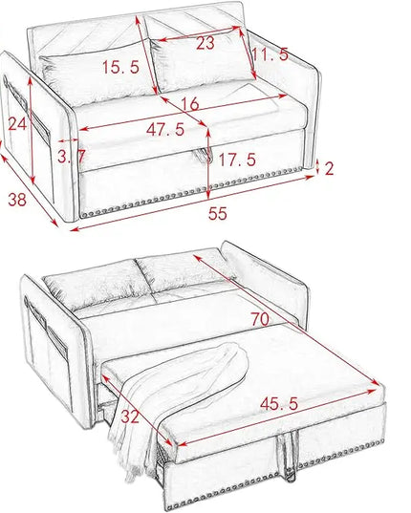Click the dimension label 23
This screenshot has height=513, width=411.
tap(205, 44)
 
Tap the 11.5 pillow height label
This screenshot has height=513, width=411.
tap(270, 54)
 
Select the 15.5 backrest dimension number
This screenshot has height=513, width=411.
tap(121, 67)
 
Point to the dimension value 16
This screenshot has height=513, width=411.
tap(190, 104)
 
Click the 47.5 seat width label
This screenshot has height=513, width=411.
tap(165, 130)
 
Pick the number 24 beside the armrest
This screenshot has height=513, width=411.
tap(17, 123)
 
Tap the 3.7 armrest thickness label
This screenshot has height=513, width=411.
tap(72, 156)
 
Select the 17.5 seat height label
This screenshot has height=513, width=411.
tap(237, 160)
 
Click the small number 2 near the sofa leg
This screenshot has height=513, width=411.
tap(329, 168)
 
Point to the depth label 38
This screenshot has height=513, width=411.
tap(17, 200)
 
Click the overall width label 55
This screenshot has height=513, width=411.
tap(218, 214)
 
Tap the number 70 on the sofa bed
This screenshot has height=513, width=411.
tap(260, 319)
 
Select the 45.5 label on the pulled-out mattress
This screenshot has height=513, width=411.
tap(279, 404)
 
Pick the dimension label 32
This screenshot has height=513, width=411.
tap(130, 417)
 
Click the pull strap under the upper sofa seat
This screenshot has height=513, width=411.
tap(204, 155)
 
